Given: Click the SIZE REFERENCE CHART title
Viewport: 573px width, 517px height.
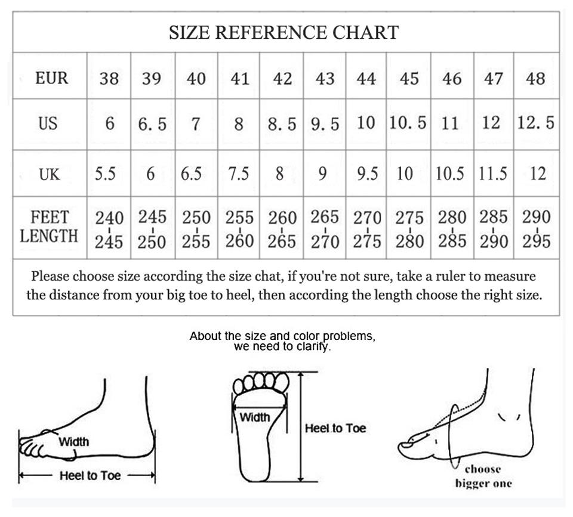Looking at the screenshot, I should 284,32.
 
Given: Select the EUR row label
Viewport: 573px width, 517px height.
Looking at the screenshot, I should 51,78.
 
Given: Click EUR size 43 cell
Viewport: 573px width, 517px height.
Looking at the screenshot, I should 325,78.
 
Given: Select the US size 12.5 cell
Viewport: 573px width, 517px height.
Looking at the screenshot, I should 535,123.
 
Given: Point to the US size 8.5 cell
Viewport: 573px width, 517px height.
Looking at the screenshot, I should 282,124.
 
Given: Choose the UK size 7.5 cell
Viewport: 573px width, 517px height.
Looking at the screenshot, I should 239,174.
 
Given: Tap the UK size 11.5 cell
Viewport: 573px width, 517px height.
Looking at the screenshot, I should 493,174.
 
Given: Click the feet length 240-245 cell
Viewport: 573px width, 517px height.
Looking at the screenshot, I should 109,230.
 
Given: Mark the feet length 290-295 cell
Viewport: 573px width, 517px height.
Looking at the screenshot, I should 536,229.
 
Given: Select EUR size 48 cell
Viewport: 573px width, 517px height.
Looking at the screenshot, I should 535,78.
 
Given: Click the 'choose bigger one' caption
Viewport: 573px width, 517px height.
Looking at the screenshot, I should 483,476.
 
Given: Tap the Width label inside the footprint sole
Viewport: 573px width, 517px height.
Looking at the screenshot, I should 255,417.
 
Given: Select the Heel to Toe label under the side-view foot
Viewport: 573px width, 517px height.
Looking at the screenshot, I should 90,475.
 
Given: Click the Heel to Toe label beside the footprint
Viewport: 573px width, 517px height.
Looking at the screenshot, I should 335,428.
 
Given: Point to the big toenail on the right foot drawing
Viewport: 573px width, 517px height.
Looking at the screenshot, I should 410,444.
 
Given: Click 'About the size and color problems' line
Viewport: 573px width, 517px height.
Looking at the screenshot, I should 282,336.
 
